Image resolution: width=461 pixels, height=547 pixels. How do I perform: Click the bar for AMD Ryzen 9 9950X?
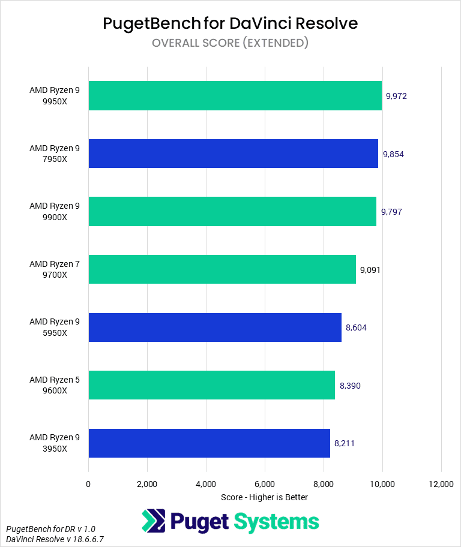(235, 96)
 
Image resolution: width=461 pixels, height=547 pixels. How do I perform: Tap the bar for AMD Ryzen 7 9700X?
(222, 269)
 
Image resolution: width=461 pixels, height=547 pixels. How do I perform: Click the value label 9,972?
(397, 96)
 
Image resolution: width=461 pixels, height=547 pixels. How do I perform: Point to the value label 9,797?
(391, 212)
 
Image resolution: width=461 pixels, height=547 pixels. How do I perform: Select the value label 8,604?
(356, 327)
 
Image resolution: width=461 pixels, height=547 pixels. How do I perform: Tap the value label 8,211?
(345, 443)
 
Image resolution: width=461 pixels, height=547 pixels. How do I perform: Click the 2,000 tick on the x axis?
(147, 484)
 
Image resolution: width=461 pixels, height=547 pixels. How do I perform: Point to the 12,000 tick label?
(441, 484)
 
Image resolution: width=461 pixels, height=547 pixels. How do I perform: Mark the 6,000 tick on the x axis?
(265, 484)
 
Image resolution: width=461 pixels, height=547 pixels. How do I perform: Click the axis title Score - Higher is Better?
(264, 497)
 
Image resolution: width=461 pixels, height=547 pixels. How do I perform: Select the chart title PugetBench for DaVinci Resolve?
(230, 23)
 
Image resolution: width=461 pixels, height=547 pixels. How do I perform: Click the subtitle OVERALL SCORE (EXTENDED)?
(230, 43)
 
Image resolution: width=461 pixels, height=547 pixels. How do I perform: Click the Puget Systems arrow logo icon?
(154, 521)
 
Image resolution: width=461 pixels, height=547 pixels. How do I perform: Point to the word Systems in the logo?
(277, 522)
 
